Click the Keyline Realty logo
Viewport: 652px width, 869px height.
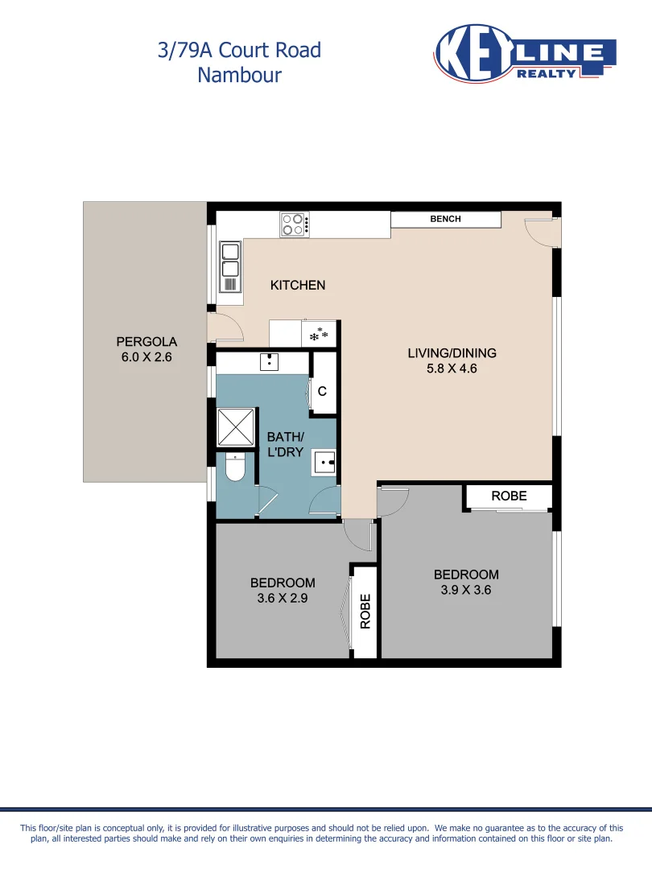524,53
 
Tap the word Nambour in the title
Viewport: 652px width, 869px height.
239,75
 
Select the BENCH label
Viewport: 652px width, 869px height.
445,219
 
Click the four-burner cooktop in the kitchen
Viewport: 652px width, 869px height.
294,224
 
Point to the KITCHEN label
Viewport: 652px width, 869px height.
297,285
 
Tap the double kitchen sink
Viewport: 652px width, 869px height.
230,266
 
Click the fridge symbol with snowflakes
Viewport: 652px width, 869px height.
320,334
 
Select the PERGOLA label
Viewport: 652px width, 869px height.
146,341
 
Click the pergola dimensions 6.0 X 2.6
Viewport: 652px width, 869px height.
146,357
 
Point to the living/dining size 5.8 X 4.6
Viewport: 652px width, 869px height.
452,369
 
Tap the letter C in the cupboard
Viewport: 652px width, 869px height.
322,392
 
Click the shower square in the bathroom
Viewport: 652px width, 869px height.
236,426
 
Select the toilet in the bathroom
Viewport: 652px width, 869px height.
235,467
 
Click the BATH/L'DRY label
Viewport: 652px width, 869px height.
285,444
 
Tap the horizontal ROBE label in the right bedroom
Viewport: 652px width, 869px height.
509,496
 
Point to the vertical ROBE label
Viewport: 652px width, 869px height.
365,612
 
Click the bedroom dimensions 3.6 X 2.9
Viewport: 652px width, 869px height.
283,598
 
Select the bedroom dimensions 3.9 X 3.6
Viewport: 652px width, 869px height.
466,590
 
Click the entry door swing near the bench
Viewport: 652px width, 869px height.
539,230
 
